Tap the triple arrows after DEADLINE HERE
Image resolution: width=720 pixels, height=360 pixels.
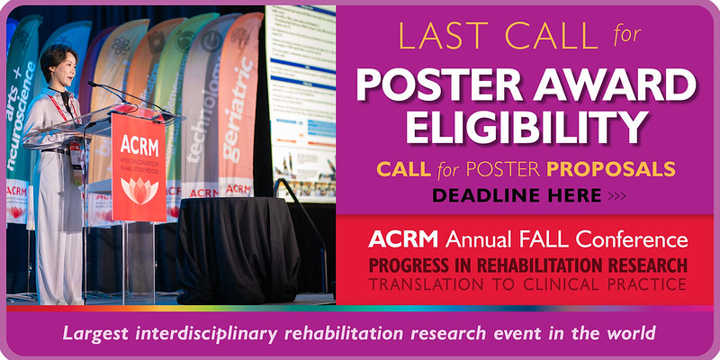(x=614, y=193)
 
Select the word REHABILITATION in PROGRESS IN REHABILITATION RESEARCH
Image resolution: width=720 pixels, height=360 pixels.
(x=550, y=266)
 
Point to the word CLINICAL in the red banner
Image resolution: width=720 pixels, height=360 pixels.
(x=577, y=283)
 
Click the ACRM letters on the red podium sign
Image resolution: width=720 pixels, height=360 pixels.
(x=139, y=147)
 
